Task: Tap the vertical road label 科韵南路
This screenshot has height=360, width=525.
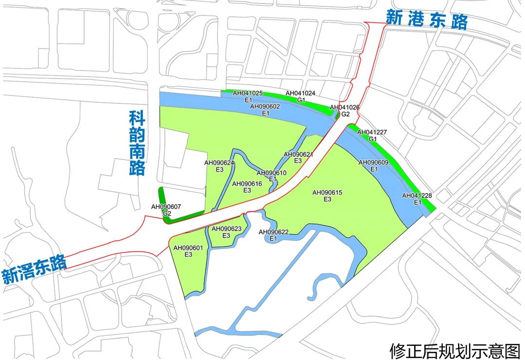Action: click(x=137, y=143)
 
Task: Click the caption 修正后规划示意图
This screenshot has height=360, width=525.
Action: click(x=455, y=350)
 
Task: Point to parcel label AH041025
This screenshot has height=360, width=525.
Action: click(x=247, y=93)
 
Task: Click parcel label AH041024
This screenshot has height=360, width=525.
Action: click(x=300, y=93)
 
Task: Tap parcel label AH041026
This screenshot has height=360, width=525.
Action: click(x=345, y=108)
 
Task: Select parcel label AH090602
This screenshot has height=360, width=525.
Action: click(x=265, y=106)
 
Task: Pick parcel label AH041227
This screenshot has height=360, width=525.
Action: click(x=373, y=132)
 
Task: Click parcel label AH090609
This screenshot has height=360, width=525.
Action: click(x=373, y=162)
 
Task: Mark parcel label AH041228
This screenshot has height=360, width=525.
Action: click(x=417, y=196)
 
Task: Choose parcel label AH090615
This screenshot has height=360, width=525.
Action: click(x=327, y=193)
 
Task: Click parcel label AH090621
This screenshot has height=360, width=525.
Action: click(x=298, y=155)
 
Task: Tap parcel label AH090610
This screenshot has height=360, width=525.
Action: click(x=272, y=173)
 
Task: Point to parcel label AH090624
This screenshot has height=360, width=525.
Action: click(x=219, y=163)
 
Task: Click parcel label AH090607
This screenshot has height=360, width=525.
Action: click(x=166, y=207)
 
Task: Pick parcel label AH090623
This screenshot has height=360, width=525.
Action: click(x=226, y=229)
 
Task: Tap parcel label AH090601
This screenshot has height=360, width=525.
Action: click(x=188, y=248)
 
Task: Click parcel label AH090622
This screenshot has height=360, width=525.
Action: click(x=273, y=232)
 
